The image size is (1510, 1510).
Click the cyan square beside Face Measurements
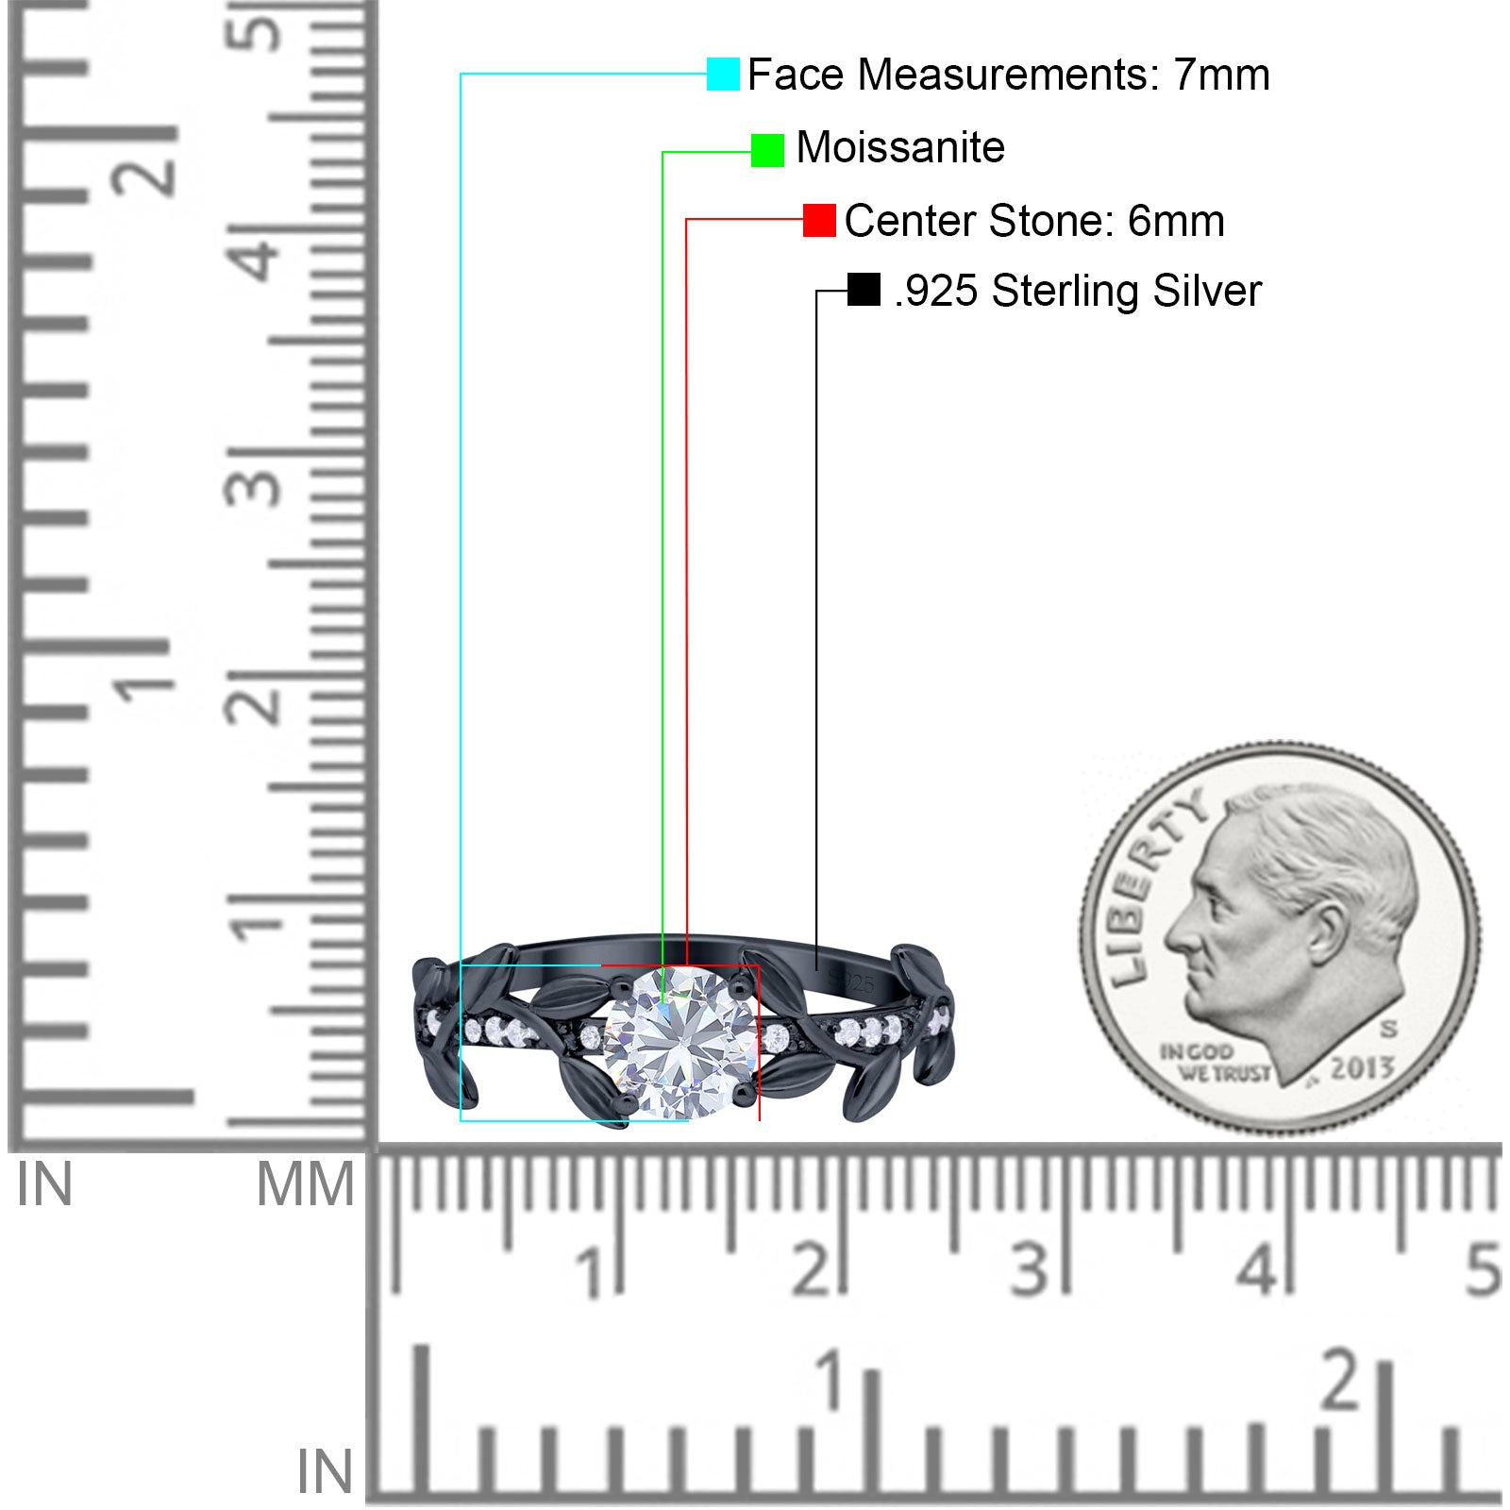tap(723, 74)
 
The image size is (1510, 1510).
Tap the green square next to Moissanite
tap(767, 150)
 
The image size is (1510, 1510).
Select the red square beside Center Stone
tap(819, 220)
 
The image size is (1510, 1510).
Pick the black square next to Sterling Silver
tap(864, 290)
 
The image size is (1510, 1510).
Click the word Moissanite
tap(900, 147)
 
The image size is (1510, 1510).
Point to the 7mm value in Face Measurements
tap(1222, 75)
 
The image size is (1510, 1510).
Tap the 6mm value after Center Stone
tap(1176, 221)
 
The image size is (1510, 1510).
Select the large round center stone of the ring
tap(679, 1042)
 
